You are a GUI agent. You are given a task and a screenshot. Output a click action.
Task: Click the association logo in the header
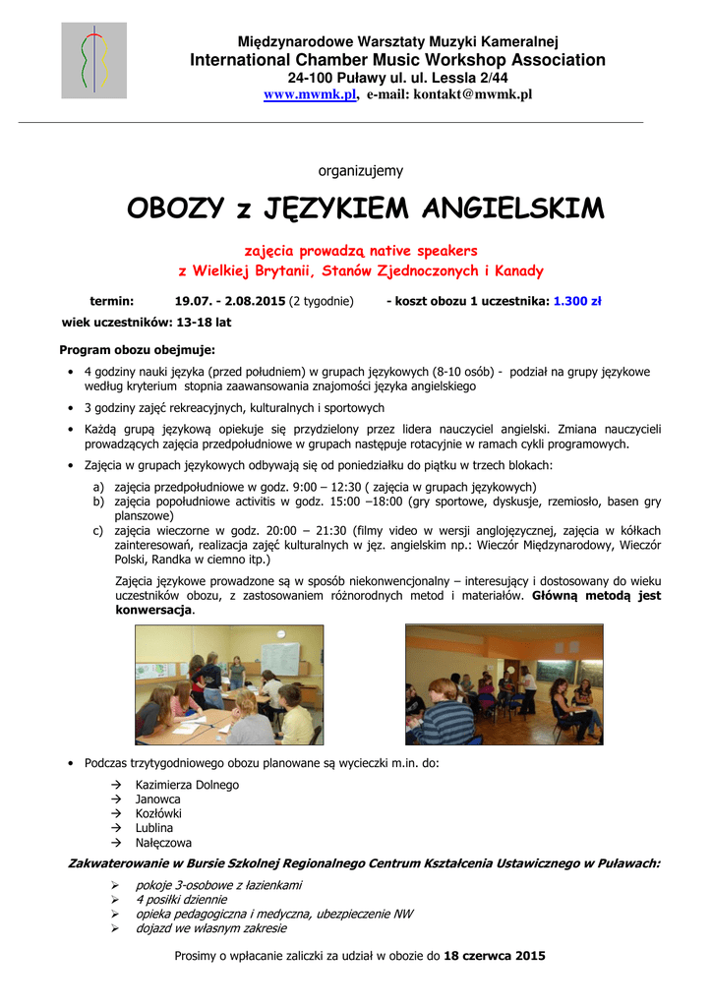click(94, 61)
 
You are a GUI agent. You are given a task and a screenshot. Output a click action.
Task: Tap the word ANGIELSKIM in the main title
click(512, 209)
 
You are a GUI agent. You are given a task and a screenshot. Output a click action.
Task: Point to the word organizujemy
click(360, 171)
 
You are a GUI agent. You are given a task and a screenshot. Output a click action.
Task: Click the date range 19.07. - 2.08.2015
click(229, 301)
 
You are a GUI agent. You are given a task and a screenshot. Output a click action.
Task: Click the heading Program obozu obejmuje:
click(137, 349)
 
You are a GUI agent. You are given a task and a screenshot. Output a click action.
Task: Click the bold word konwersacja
click(153, 610)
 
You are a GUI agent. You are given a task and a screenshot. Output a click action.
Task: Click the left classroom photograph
click(228, 685)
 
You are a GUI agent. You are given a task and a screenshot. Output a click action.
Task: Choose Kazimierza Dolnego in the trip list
click(187, 785)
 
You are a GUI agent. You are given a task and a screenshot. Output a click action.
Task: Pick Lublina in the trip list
click(154, 828)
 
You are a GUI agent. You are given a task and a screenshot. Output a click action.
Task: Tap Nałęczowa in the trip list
click(163, 843)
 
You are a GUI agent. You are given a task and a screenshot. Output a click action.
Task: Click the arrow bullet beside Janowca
click(116, 800)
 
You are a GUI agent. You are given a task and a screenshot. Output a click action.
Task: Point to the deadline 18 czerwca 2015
click(495, 955)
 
